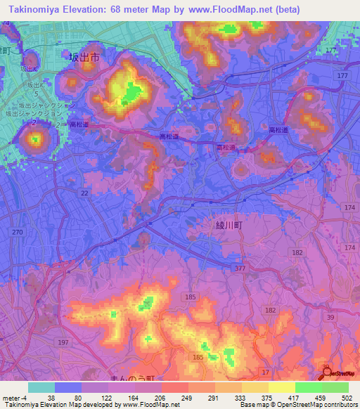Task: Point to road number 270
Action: click(x=18, y=232)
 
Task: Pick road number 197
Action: click(x=64, y=342)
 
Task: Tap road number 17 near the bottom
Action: click(x=265, y=370)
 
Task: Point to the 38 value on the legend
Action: click(x=51, y=397)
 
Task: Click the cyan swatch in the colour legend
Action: click(x=41, y=387)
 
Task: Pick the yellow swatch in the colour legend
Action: click(x=254, y=387)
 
